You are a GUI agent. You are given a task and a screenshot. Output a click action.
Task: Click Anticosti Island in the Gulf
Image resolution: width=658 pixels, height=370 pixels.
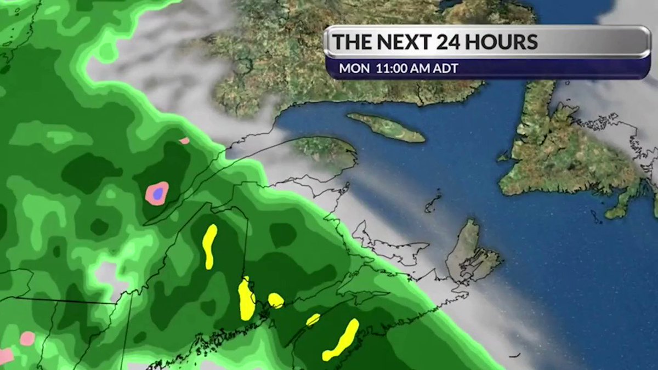(x=386, y=127)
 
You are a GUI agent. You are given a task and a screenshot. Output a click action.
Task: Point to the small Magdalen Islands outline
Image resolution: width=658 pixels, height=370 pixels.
(x=433, y=202)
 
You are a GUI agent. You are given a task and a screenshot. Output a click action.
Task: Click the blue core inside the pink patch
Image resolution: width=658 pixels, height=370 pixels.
(x=158, y=193)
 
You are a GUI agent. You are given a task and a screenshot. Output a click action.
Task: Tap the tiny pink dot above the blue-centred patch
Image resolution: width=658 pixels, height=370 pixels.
(x=184, y=141)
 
